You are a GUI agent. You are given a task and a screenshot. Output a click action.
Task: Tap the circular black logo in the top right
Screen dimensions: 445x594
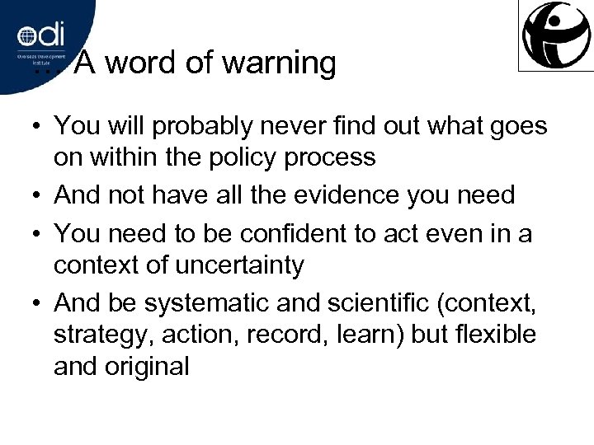pos(555,35)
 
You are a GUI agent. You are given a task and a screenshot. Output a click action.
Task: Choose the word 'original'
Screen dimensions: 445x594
pos(147,365)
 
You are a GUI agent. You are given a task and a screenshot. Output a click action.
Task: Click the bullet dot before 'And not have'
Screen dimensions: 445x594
pos(38,197)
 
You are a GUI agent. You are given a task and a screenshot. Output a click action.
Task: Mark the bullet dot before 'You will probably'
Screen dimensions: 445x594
pos(38,128)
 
